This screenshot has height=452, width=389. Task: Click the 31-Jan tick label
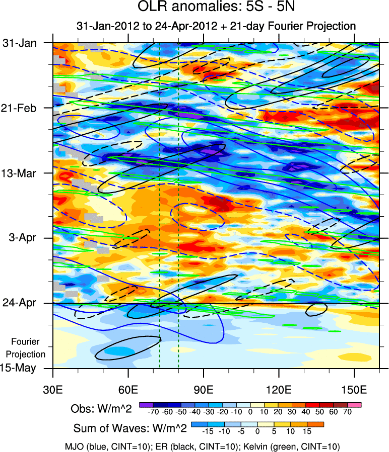(x=20, y=43)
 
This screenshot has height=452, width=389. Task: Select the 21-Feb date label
(x=20, y=108)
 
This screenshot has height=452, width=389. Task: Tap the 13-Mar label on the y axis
(x=20, y=173)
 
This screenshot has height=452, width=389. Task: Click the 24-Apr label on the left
(x=20, y=303)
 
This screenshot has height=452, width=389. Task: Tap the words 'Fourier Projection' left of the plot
(x=28, y=348)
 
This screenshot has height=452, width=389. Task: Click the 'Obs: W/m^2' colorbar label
(x=102, y=409)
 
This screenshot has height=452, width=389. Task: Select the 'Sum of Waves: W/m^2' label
(x=131, y=428)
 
